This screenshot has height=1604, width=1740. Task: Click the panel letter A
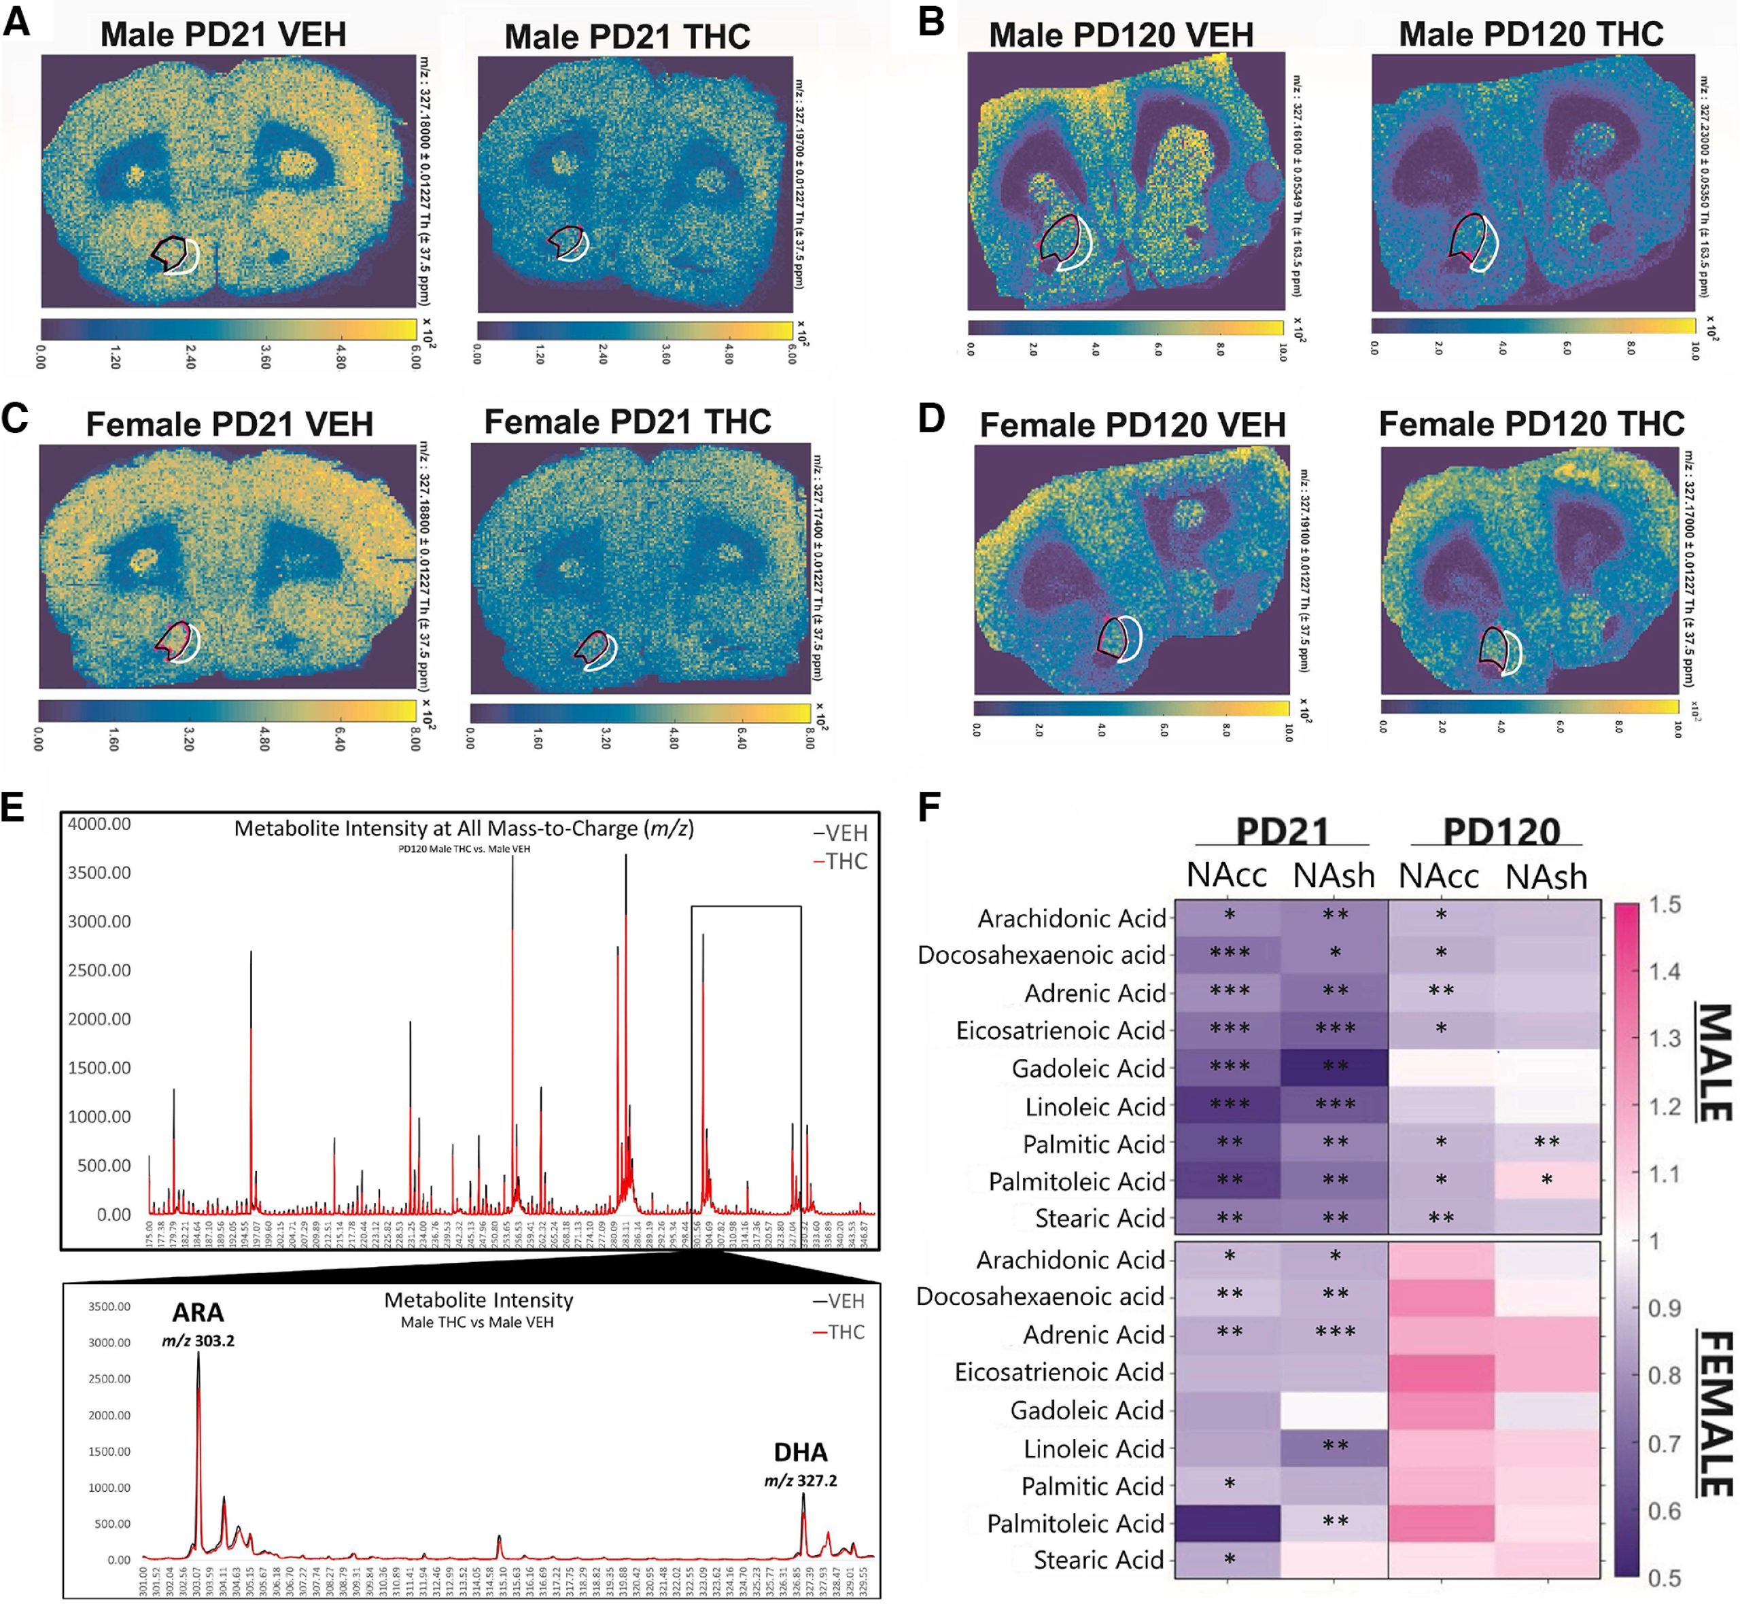tap(18, 21)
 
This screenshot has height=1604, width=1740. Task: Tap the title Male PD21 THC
tap(627, 37)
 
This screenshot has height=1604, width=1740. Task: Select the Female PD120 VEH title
tap(1132, 425)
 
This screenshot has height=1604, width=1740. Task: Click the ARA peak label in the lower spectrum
tap(198, 1312)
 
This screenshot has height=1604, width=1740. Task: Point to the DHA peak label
tap(800, 1453)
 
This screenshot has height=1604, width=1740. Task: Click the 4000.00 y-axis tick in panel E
tap(99, 824)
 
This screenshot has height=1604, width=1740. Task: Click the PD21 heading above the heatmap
tap(1282, 831)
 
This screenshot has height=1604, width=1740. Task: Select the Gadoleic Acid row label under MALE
tap(1088, 1068)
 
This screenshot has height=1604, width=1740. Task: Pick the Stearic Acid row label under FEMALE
tap(1098, 1560)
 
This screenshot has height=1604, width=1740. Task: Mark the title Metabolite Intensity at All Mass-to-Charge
tap(464, 829)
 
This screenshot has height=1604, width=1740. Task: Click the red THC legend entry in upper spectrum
tap(840, 861)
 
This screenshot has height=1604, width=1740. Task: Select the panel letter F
tap(928, 807)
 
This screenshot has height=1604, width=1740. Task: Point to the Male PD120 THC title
tap(1531, 35)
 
